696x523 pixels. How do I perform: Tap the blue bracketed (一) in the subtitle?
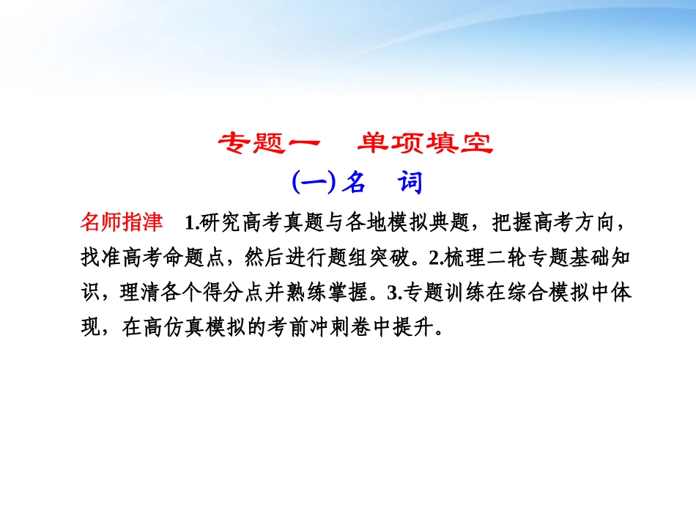[x=313, y=182]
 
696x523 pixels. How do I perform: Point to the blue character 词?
[x=411, y=182]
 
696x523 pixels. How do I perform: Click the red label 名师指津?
[x=122, y=222]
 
